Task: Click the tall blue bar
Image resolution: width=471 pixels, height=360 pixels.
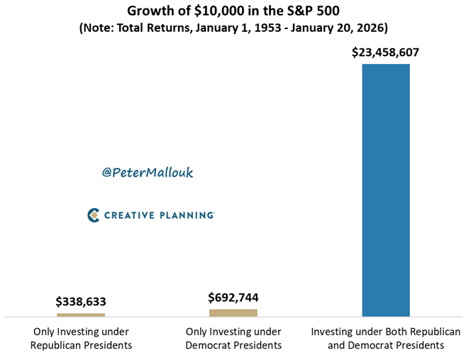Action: (x=386, y=190)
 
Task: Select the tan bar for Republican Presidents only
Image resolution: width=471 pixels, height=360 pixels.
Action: (x=81, y=315)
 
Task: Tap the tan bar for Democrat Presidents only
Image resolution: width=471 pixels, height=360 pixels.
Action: (x=233, y=312)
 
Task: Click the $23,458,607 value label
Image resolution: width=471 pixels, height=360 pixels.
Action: (x=386, y=53)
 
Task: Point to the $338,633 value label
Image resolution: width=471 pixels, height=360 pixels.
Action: (x=81, y=302)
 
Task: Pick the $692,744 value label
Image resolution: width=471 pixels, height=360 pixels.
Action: (x=233, y=298)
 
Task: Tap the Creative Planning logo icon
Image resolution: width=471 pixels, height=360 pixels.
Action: (x=93, y=214)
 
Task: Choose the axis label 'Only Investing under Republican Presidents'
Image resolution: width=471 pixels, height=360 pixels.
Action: (x=81, y=338)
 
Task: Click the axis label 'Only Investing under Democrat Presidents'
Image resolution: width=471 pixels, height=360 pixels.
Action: (x=233, y=338)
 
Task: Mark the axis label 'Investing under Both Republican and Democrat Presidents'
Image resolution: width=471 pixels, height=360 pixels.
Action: (x=386, y=338)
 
